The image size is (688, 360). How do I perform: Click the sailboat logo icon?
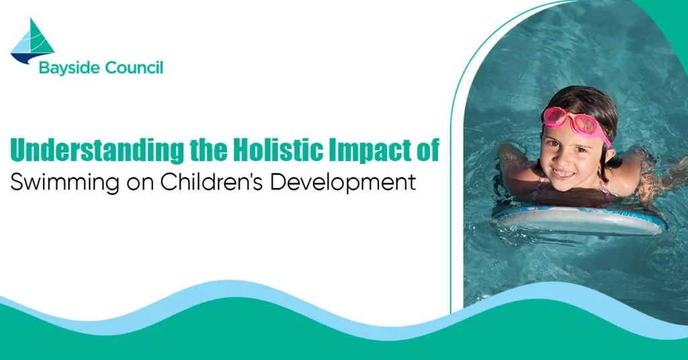coord(32,41)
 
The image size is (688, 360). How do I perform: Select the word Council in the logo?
coord(134,68)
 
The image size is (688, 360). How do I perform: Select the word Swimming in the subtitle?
coord(64,183)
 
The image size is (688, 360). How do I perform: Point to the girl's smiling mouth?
coord(562,173)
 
